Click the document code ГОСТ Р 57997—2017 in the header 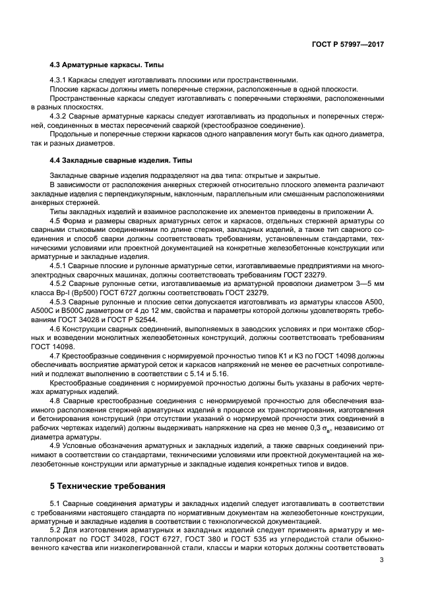point(347,44)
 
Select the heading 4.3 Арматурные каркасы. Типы point(107,66)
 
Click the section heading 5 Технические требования point(108,486)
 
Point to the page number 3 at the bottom point(382,560)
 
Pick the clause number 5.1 point(56,504)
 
